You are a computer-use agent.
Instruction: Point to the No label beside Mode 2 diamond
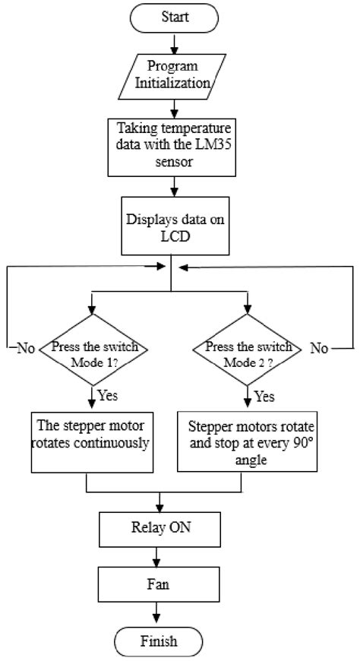pyautogui.click(x=319, y=349)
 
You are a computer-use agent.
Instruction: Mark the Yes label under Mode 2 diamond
pyautogui.click(x=263, y=395)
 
